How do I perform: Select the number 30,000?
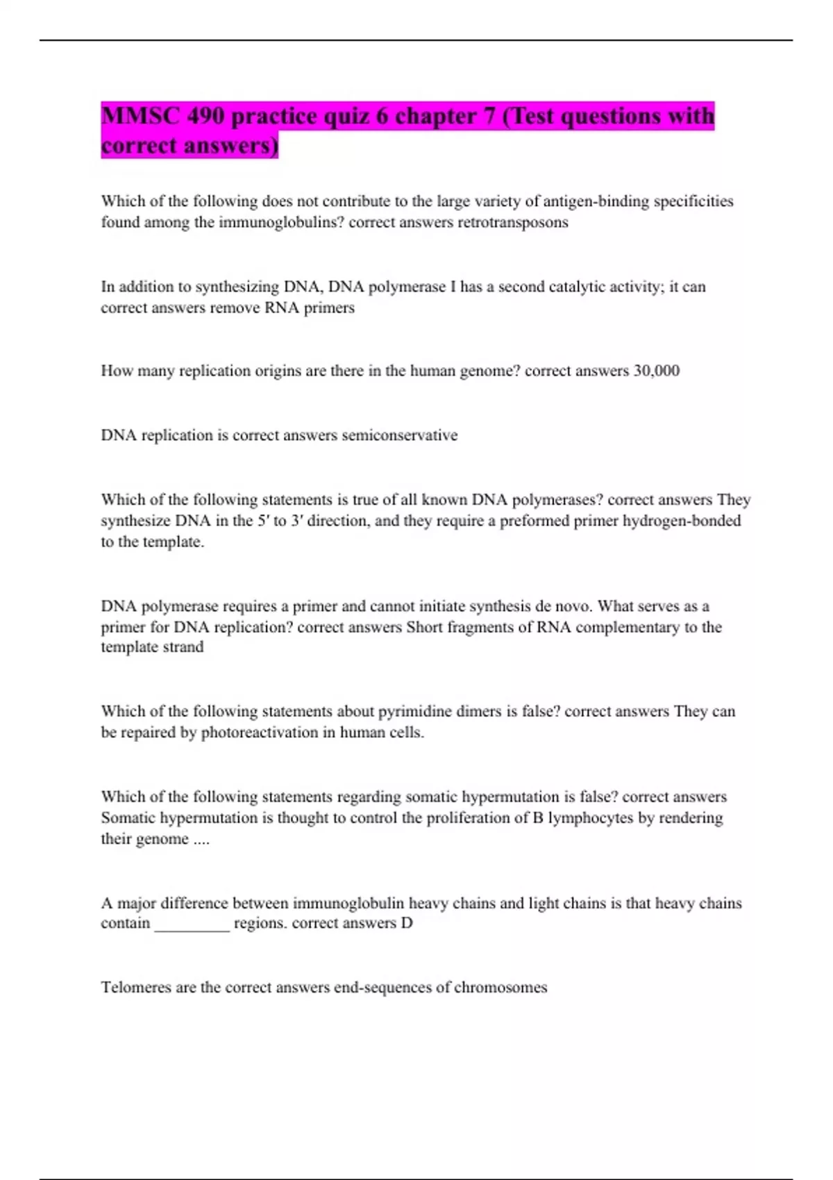pos(656,371)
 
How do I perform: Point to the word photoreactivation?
pos(259,732)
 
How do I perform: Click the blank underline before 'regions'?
pos(192,924)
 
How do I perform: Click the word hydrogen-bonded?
pos(682,521)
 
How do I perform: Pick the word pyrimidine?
pos(412,711)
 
